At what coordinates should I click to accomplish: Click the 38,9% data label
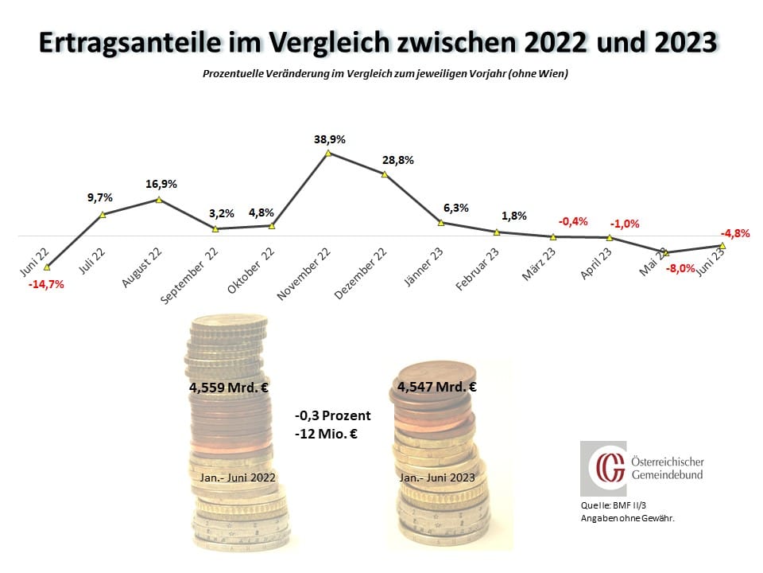[x=329, y=138]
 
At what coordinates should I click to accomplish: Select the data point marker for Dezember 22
[x=385, y=173]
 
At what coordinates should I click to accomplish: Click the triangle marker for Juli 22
[x=103, y=214]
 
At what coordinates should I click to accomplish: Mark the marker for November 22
[x=328, y=153]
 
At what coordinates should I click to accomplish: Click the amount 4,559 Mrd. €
[x=227, y=390]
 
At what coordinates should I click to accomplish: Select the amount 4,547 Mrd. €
[x=436, y=388]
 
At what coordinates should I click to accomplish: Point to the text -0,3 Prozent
[x=332, y=415]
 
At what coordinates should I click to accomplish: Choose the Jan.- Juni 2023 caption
[x=436, y=477]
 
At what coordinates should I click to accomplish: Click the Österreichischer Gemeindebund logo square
[x=602, y=469]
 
